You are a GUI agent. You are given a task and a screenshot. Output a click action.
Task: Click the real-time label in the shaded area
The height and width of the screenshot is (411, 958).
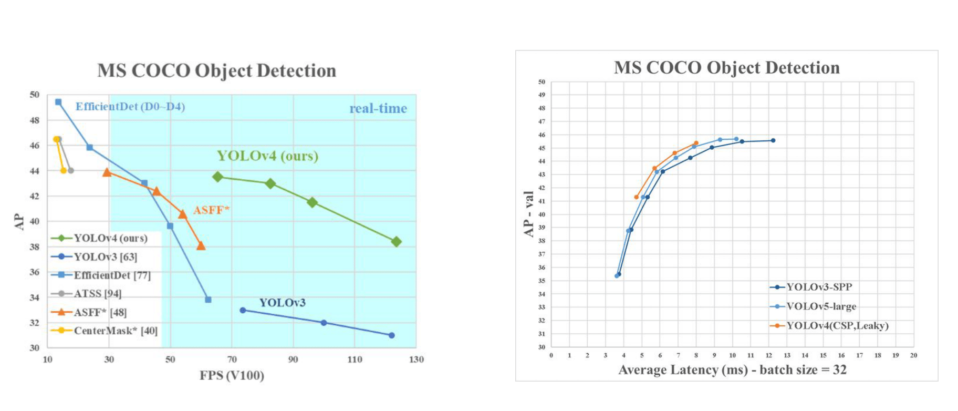click(x=378, y=108)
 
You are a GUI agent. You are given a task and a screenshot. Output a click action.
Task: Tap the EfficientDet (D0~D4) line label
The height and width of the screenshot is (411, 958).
click(x=130, y=107)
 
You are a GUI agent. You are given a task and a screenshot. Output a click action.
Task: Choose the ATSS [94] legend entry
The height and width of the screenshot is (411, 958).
click(x=97, y=293)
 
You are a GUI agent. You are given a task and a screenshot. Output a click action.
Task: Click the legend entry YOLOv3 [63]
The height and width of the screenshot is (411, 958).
click(x=105, y=256)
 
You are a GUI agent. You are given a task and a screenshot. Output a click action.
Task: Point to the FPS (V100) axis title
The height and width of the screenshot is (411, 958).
click(x=232, y=375)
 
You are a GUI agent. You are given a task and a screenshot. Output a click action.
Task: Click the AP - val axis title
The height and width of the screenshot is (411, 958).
click(x=528, y=214)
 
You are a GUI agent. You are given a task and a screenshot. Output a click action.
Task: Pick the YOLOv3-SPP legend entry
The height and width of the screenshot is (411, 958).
click(x=819, y=287)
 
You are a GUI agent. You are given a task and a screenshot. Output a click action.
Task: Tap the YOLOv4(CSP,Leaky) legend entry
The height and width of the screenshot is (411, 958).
click(x=837, y=325)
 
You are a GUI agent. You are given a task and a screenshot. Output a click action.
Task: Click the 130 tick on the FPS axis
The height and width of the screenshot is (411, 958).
click(x=416, y=359)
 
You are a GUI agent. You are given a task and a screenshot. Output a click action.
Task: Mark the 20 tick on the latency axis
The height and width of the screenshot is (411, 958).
click(x=913, y=355)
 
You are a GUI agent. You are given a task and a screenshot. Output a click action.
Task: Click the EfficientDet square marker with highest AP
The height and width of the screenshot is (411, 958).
click(x=58, y=102)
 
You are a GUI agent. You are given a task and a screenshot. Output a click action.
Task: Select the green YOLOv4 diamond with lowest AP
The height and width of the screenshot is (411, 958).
click(x=396, y=242)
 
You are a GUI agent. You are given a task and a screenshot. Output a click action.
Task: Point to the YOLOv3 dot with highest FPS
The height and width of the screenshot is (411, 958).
click(x=391, y=335)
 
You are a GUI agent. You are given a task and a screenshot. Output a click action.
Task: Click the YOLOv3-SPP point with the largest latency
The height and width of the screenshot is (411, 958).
click(x=773, y=140)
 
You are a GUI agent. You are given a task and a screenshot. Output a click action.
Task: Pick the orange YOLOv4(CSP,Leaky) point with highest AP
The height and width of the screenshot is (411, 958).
click(x=696, y=143)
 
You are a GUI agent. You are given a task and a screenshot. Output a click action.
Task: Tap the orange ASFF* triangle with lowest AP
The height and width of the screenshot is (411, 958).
click(x=201, y=246)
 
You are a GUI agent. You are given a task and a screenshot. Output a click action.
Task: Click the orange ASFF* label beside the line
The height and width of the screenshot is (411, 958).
click(x=211, y=210)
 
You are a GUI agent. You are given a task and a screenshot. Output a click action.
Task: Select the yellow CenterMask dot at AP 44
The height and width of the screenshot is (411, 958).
click(x=64, y=170)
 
